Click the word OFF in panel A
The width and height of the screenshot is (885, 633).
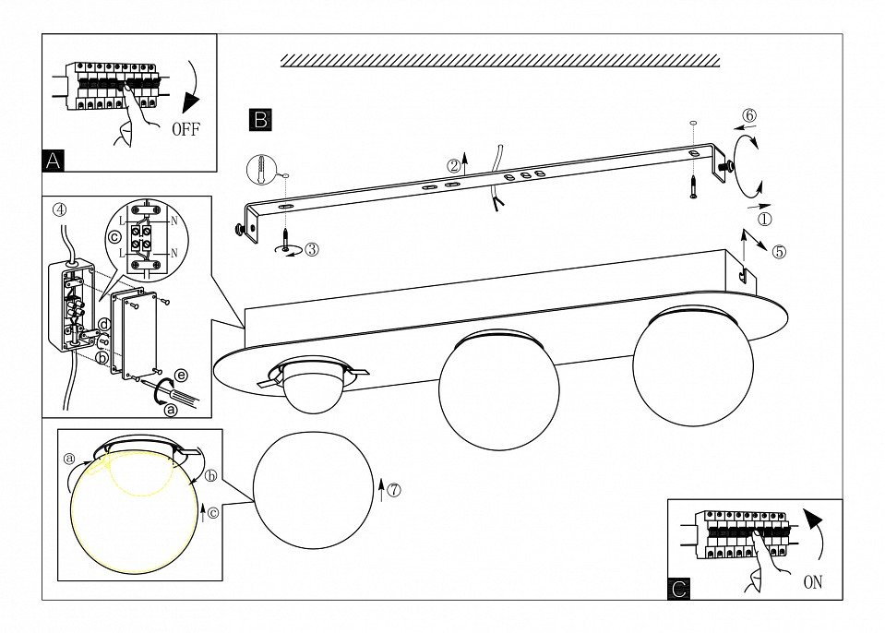coord(185,129)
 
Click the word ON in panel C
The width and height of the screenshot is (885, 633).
coord(812,582)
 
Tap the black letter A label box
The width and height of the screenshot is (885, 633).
coord(54,161)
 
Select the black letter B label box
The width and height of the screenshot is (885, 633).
coord(260,119)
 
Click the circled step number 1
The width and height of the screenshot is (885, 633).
coord(764,220)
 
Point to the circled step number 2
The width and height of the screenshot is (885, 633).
coord(453,166)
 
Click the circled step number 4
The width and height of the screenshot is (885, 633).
coord(60,209)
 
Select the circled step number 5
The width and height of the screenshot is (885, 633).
coord(780,252)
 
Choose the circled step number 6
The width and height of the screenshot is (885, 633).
coord(749,115)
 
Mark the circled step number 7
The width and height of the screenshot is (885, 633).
coord(394,490)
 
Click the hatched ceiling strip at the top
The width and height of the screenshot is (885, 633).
coord(499,60)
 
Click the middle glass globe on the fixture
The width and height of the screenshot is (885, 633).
coord(498,390)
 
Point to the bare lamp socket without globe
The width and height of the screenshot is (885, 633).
coord(312,384)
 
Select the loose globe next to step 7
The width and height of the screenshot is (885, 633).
coord(312,489)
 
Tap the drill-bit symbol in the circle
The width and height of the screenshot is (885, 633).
coord(262,172)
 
